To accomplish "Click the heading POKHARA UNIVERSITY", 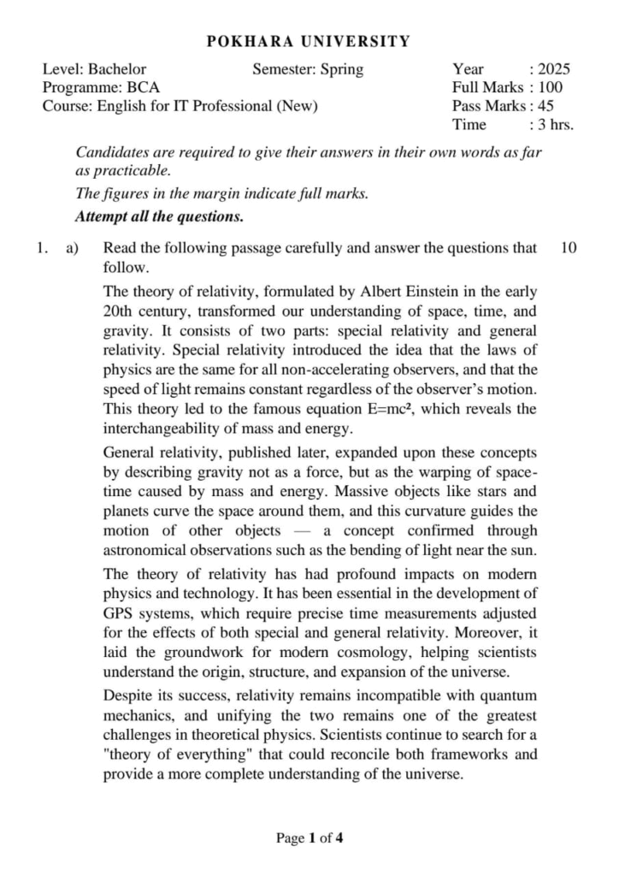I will pyautogui.click(x=309, y=41).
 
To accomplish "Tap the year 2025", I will pyautogui.click(x=554, y=69).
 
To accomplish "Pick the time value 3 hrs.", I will pyautogui.click(x=556, y=124).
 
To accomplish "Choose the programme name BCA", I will pyautogui.click(x=143, y=87).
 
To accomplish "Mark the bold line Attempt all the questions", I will pyautogui.click(x=160, y=216).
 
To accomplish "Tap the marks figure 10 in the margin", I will pyautogui.click(x=569, y=248).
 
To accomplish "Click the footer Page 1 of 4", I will pyautogui.click(x=309, y=838).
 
